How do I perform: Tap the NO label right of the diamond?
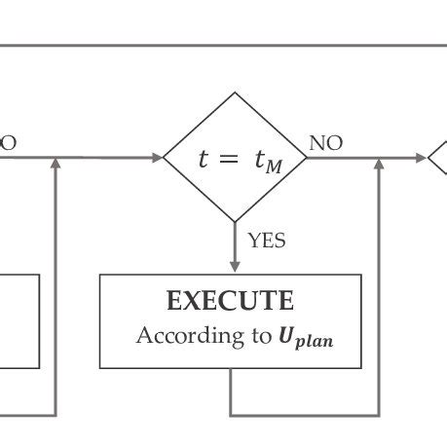point(325,144)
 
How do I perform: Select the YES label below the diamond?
point(266,240)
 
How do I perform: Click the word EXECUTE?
point(230,300)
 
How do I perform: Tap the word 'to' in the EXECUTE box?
point(259,337)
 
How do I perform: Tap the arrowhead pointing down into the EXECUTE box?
point(235,266)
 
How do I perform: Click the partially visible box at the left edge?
point(19,320)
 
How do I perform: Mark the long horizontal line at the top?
point(223,45)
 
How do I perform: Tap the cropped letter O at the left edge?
point(8,143)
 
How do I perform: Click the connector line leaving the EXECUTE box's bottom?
point(231,394)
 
